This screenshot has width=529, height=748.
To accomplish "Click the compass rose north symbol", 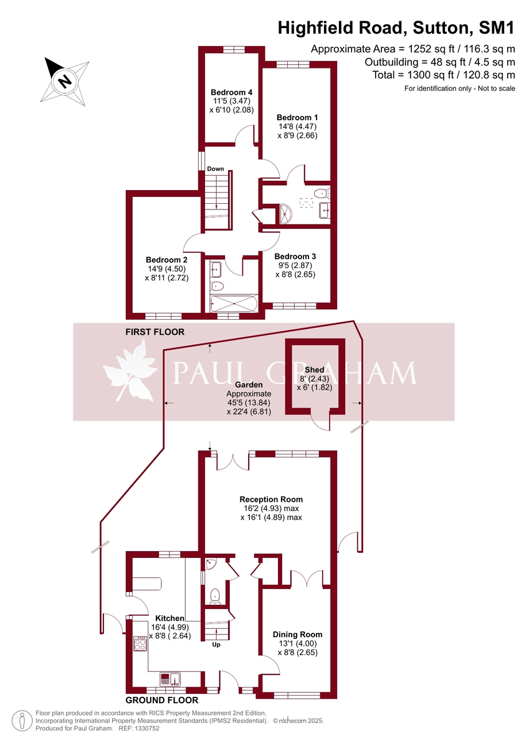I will pos(64,80).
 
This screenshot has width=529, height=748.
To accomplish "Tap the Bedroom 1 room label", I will pos(297,118).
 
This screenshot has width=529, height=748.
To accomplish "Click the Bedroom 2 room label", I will pos(166,260).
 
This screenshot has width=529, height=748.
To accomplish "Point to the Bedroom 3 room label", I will pos(295,256).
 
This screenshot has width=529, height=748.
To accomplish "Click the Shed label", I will pos(314,370).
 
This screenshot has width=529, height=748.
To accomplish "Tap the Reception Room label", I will pos(271,499).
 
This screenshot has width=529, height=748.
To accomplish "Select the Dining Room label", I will pos(297,635).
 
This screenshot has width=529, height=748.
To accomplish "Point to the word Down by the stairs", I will pos(216,169).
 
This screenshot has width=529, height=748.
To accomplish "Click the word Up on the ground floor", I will pos(217,645).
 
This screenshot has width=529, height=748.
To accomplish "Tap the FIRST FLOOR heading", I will pos(155,332).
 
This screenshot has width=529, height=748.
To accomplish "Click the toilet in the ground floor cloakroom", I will pos(216,596).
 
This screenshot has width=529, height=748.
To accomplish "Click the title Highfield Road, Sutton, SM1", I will pos(396,28).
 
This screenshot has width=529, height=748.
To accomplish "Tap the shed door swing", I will pos(321,423).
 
